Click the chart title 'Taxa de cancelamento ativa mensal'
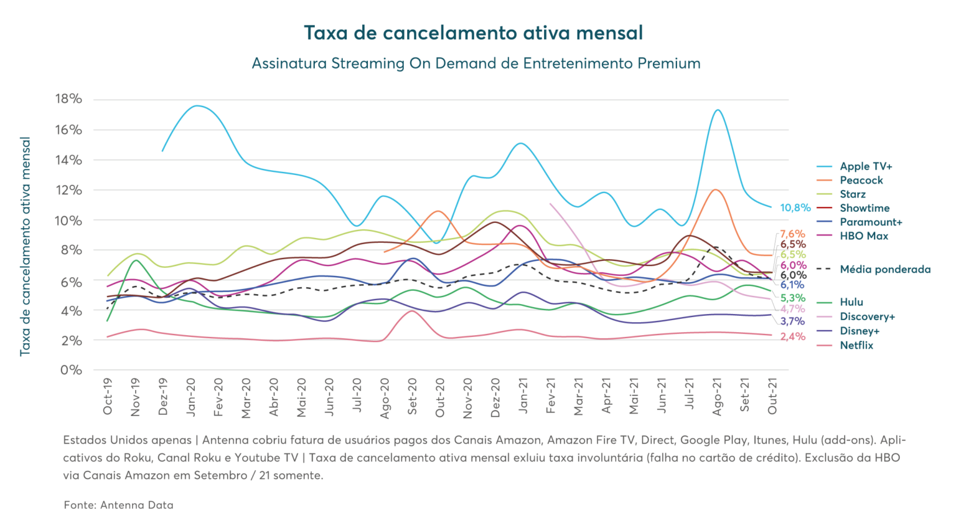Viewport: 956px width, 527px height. click(x=473, y=32)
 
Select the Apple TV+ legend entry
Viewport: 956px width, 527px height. click(x=865, y=166)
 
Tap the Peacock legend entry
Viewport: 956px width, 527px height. click(x=861, y=180)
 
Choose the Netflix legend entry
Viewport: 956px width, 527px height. click(x=856, y=345)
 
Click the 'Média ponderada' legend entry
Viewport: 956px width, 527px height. click(x=884, y=270)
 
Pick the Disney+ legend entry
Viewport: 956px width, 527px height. click(x=859, y=331)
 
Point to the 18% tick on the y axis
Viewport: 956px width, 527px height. click(x=69, y=99)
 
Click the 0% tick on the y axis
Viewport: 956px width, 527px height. click(x=72, y=370)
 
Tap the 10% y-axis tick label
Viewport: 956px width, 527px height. click(x=69, y=220)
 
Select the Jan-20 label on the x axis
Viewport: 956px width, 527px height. click(x=191, y=397)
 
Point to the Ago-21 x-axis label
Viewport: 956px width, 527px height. click(x=717, y=397)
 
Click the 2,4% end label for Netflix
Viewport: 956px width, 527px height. click(x=792, y=337)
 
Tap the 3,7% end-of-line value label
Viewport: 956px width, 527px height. click(x=792, y=321)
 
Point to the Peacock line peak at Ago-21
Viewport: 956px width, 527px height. click(x=716, y=189)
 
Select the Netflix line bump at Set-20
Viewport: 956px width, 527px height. click(x=411, y=310)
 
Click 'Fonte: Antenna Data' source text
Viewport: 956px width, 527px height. click(x=118, y=505)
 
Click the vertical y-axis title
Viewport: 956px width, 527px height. click(x=26, y=246)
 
